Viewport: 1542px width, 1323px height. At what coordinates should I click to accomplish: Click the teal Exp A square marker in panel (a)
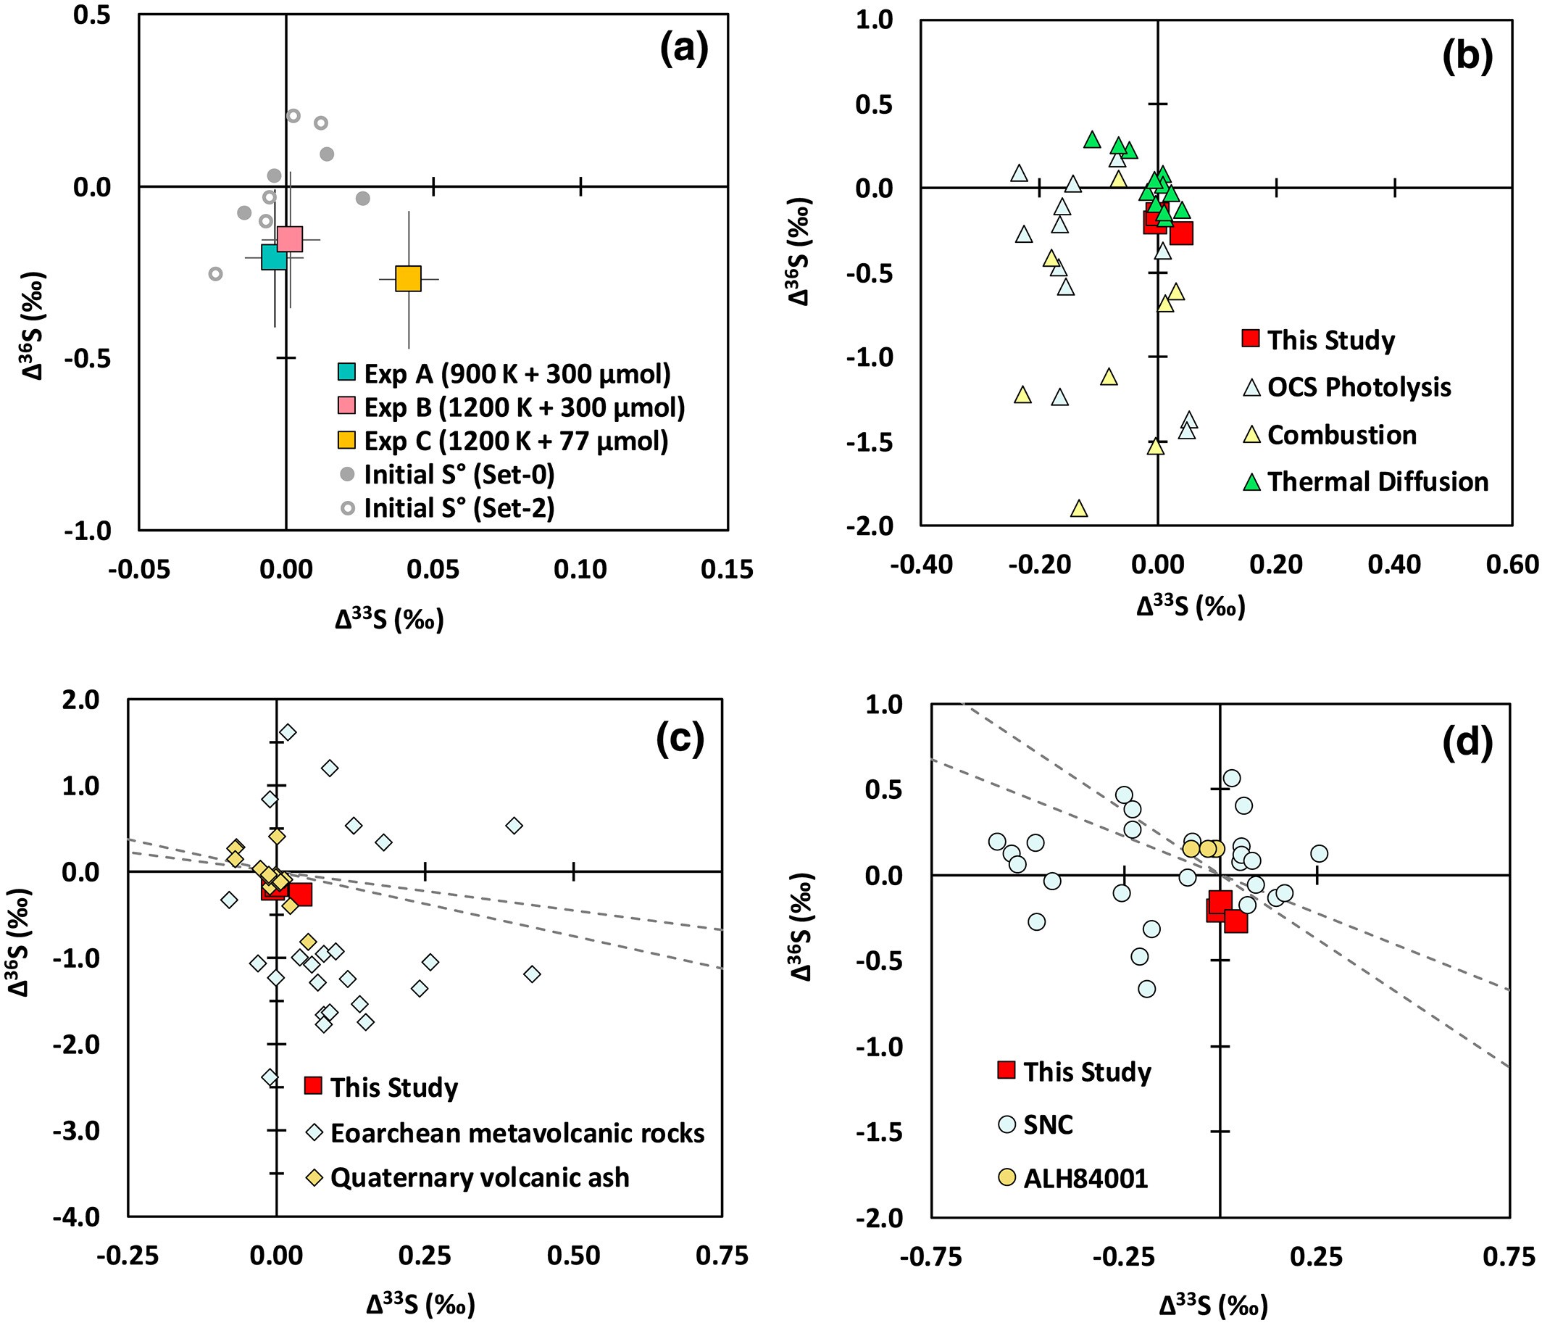274,257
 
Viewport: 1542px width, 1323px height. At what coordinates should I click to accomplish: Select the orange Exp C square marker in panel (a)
409,278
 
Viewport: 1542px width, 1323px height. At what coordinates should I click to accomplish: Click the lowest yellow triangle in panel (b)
1079,509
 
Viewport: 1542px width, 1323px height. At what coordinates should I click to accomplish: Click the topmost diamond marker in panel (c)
288,733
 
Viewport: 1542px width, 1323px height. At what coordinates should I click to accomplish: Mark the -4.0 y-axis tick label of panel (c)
78,1217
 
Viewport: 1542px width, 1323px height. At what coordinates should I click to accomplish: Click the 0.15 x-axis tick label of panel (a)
727,570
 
